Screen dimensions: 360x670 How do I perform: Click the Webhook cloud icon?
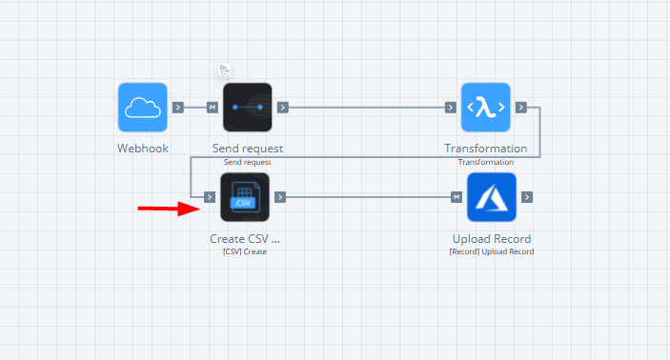143,107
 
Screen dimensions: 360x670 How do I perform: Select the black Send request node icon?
248,107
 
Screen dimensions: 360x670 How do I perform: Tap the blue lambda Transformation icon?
485,107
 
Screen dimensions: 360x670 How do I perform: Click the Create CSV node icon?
245,197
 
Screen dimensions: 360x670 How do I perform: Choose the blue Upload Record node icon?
491,197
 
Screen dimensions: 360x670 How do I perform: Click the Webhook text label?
143,149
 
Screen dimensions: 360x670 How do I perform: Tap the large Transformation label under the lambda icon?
485,149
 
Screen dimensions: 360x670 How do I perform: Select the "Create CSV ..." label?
245,238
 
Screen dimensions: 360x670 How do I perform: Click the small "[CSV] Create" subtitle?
245,251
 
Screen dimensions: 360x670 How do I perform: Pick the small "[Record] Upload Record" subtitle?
491,251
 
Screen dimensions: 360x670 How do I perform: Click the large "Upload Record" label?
491,238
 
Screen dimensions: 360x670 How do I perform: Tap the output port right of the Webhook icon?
178,107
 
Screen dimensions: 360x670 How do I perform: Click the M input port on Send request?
213,107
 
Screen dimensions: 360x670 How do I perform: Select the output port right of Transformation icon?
520,107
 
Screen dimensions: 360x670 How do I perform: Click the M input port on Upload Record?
457,197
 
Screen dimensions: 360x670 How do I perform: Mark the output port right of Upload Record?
526,197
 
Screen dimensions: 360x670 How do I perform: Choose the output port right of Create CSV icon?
280,197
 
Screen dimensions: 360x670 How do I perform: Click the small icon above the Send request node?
225,70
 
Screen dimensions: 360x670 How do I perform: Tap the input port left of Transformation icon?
451,107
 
